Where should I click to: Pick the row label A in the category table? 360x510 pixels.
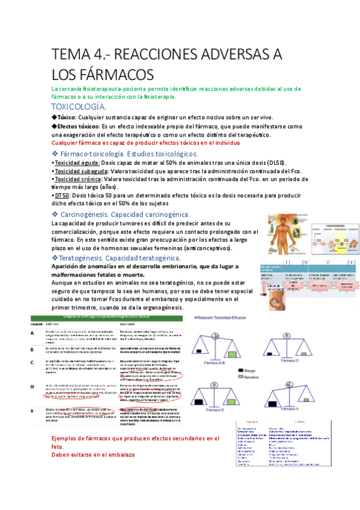point(33,332)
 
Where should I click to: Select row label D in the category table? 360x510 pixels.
point(33,386)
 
